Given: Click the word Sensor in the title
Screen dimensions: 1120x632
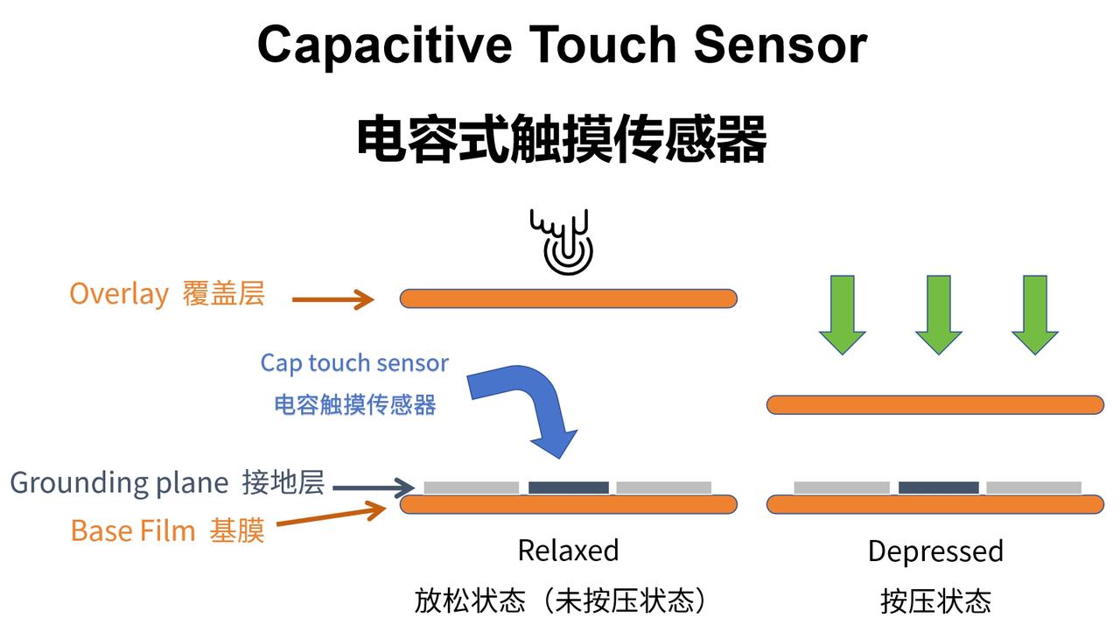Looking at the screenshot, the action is [780, 45].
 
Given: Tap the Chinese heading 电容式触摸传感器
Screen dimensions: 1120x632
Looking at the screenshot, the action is [562, 138].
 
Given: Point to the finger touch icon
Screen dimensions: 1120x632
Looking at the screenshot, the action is [562, 242].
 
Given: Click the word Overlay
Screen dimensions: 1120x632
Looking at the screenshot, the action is [119, 294].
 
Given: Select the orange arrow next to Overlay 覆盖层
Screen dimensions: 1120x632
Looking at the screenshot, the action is [333, 299].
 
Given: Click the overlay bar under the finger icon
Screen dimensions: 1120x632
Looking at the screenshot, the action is [569, 298].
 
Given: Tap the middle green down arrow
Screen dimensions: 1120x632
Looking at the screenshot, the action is [939, 314].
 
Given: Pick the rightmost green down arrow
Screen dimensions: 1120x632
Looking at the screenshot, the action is [1034, 314].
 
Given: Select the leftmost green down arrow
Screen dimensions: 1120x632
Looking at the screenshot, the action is [843, 314].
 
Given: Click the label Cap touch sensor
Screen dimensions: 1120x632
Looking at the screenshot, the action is [354, 363].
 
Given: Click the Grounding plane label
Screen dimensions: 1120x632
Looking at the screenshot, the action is [119, 483].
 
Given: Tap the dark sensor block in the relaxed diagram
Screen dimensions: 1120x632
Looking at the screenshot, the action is [569, 488].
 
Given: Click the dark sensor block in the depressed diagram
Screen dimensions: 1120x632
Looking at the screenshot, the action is [939, 488].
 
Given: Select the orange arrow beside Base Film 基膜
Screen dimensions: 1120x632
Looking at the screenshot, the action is [331, 515].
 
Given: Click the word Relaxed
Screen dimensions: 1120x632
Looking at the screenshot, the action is [569, 551].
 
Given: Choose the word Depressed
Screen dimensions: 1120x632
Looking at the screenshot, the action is [936, 551].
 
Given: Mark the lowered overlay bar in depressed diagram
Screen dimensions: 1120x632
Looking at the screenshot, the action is [935, 405].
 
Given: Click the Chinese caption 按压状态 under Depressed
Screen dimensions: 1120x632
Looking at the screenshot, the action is [935, 601].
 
